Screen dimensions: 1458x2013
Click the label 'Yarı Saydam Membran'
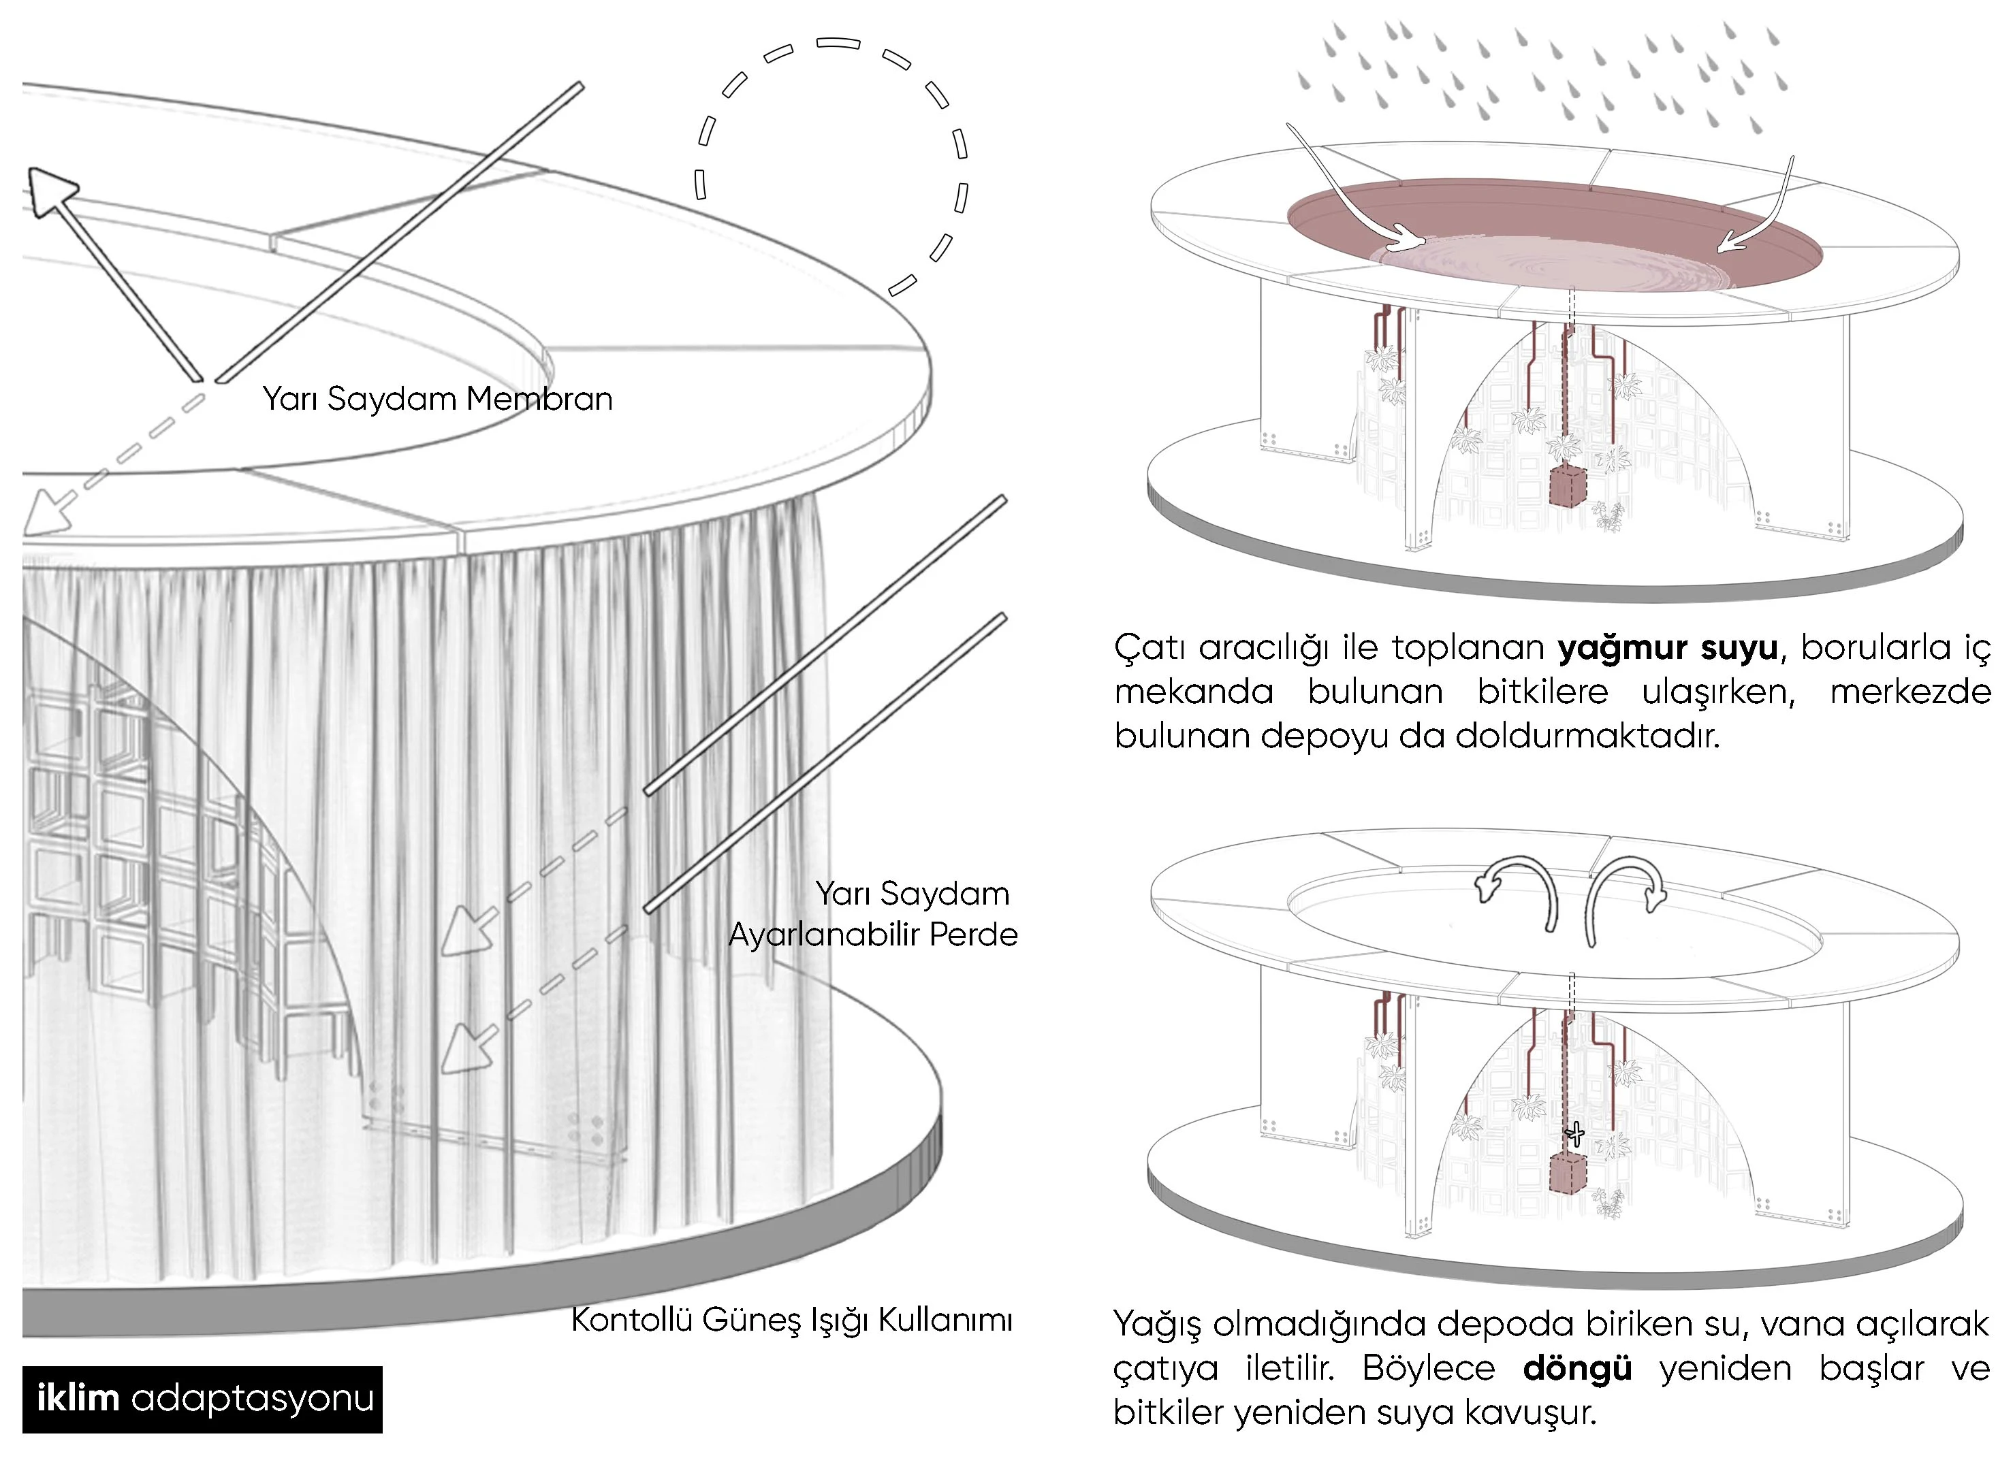(x=437, y=400)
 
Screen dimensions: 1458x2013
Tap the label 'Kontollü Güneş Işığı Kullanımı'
(x=791, y=1320)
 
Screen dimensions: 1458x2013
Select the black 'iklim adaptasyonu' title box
(x=202, y=1399)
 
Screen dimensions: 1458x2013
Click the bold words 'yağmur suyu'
(x=1668, y=649)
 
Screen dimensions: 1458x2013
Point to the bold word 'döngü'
(x=1577, y=1367)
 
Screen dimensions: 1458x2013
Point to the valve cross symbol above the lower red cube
(x=1575, y=1133)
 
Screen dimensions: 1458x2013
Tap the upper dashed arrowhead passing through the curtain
(x=463, y=933)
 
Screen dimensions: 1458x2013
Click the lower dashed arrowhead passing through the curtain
(x=463, y=1050)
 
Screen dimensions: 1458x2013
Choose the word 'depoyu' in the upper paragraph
(x=1323, y=736)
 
